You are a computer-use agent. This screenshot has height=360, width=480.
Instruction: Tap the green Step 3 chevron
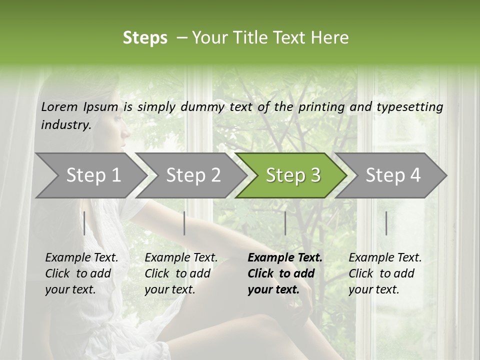tap(293, 175)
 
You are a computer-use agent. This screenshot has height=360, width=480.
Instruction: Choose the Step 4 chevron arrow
tap(393, 175)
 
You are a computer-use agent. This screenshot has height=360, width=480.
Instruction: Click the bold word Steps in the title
tap(145, 38)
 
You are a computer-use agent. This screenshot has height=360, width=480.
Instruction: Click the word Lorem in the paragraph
tap(59, 106)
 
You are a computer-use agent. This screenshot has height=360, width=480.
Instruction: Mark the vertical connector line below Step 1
tap(84, 223)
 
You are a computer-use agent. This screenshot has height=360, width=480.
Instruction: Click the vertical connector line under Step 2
tap(184, 223)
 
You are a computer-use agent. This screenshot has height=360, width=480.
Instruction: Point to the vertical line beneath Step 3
tap(285, 223)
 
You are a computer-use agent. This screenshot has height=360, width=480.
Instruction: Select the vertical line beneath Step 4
tap(386, 223)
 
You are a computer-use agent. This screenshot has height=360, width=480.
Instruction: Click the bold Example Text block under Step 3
tap(285, 273)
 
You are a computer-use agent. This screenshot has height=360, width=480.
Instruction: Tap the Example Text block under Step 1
tap(81, 273)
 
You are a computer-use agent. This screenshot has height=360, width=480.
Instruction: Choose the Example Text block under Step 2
tap(181, 273)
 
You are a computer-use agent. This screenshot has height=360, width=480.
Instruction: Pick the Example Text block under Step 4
tap(385, 273)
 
